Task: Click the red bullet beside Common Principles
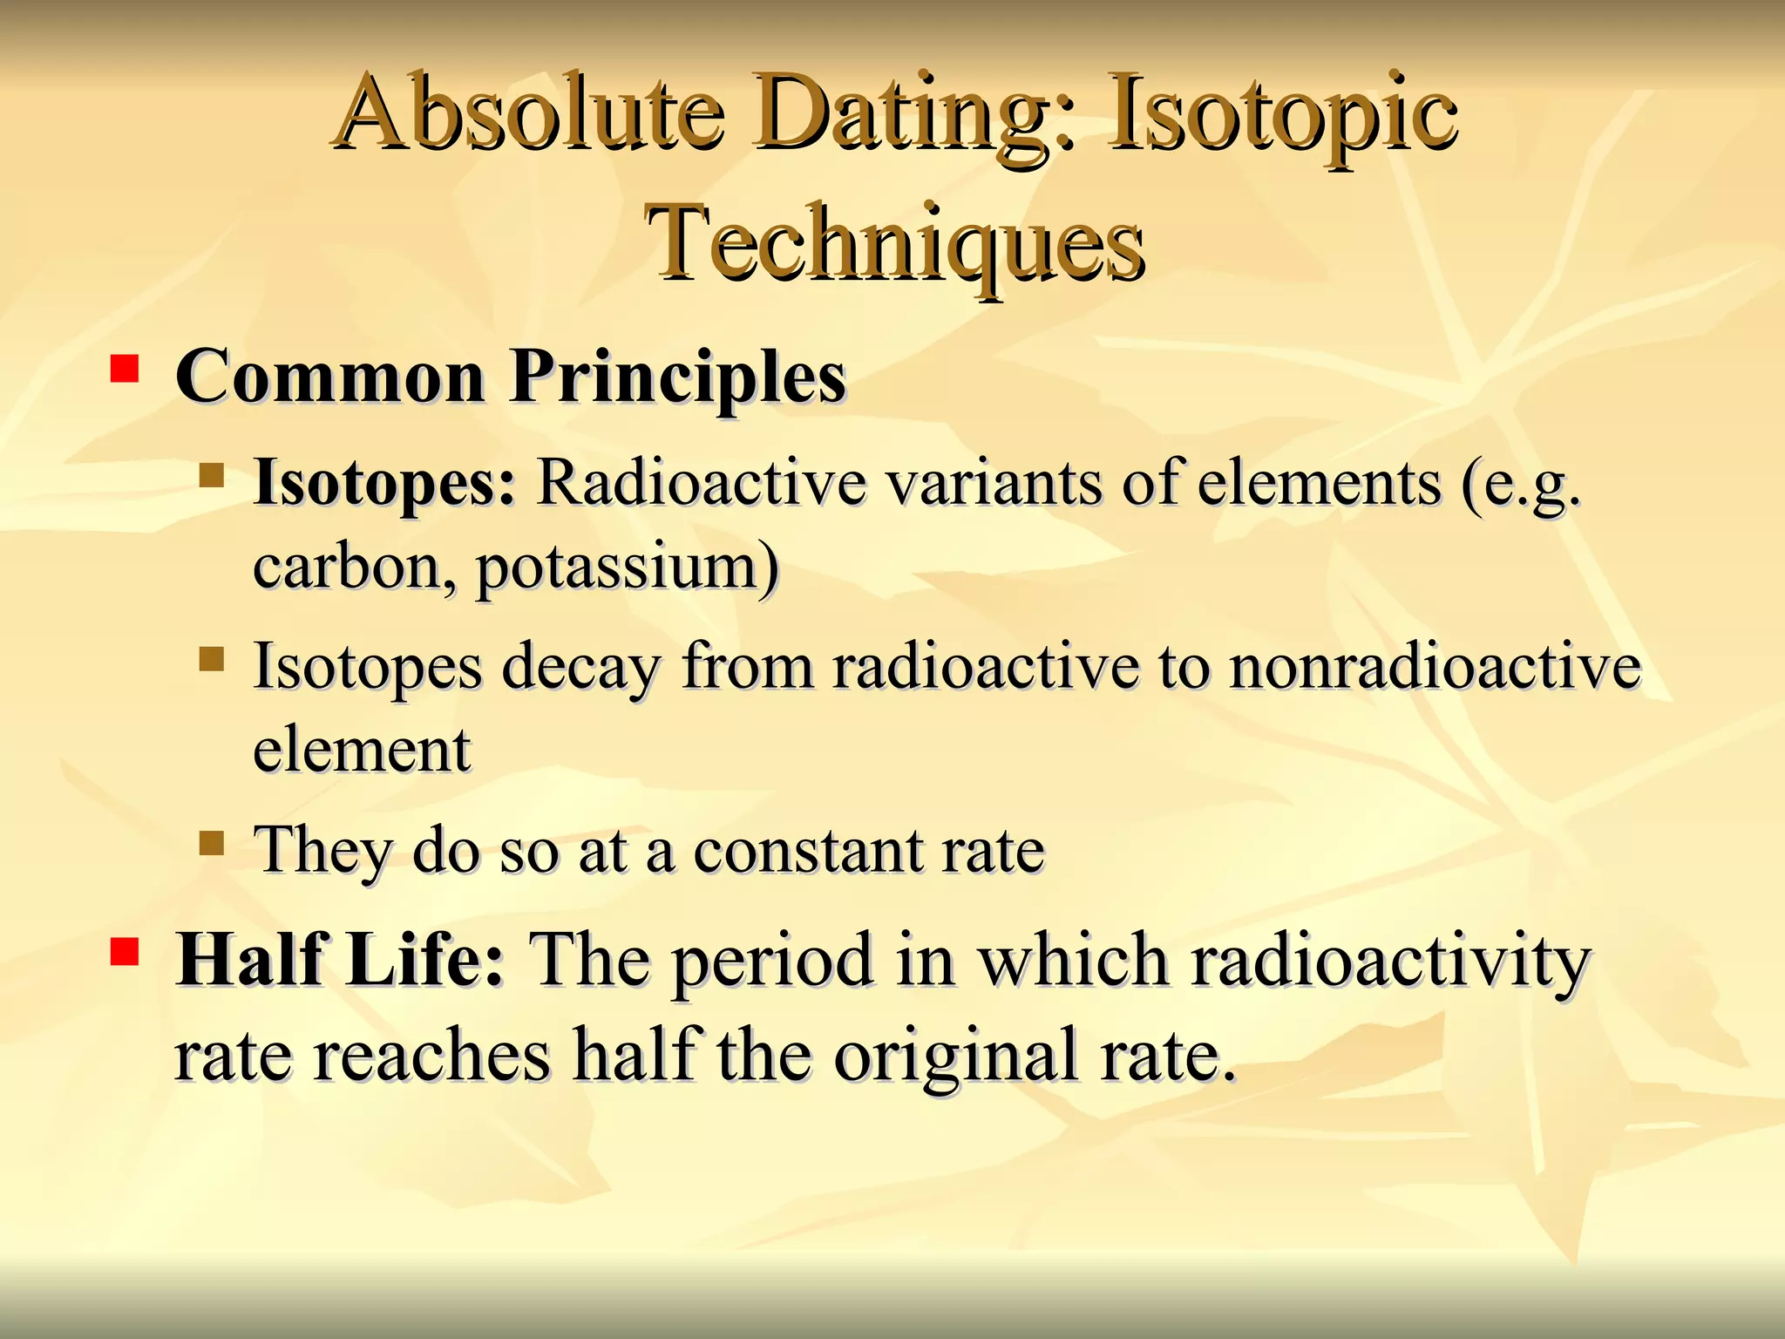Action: pos(125,369)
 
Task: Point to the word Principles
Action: pos(678,377)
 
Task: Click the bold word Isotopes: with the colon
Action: pos(384,483)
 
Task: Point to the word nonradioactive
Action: pos(1435,666)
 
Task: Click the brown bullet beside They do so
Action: pos(212,843)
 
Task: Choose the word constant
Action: pos(807,850)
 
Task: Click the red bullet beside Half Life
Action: pos(125,953)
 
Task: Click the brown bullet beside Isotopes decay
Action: pos(212,659)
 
